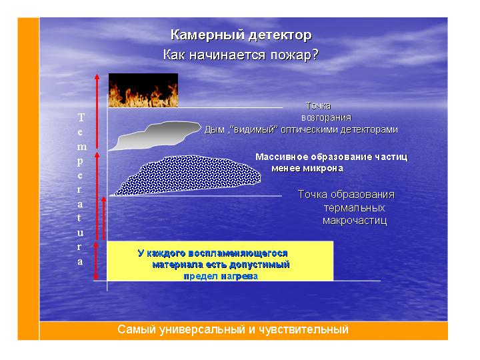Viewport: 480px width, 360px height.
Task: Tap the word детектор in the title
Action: pos(280,35)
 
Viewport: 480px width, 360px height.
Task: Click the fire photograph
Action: pos(143,90)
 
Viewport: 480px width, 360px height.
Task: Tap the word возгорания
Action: pos(326,118)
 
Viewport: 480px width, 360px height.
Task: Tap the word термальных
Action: pos(354,208)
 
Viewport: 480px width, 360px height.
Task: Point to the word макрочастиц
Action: pos(355,221)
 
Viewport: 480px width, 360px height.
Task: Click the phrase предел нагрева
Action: pos(221,277)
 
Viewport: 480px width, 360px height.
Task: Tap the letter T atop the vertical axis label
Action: pos(81,117)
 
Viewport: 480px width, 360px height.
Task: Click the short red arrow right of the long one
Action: pos(104,218)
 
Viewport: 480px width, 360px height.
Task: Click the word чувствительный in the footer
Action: pos(304,330)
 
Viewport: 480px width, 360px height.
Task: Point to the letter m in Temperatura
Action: pos(81,147)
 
